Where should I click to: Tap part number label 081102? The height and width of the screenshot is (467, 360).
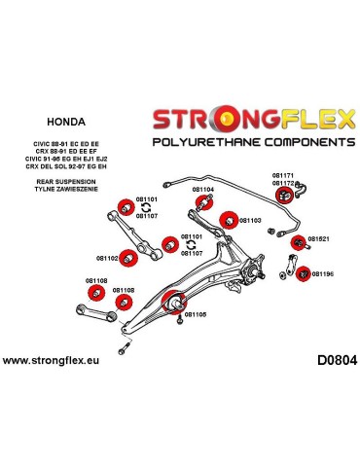click(107, 258)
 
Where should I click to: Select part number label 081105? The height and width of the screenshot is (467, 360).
click(196, 314)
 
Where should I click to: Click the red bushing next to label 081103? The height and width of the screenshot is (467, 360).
click(228, 219)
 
